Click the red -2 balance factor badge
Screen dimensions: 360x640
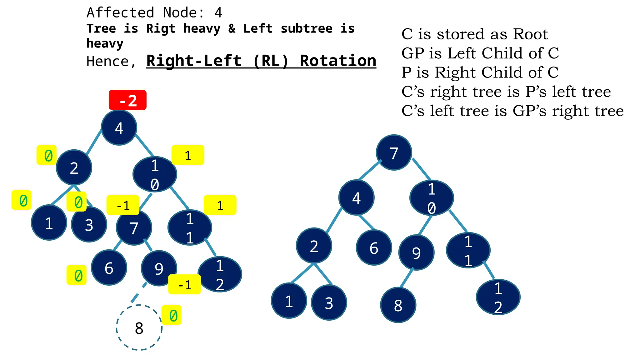pos(127,100)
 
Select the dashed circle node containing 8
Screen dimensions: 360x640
pos(139,327)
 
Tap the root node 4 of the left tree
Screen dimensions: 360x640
pos(119,128)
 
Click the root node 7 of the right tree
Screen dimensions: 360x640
pos(394,152)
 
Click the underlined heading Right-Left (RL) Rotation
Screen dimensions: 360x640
pos(261,61)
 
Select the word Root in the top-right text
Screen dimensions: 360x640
pos(530,34)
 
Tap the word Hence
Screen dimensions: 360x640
pos(107,62)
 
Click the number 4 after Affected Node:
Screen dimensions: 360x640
pos(218,13)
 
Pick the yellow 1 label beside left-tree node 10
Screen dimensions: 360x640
pos(188,155)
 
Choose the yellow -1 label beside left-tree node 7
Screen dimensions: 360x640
pos(123,205)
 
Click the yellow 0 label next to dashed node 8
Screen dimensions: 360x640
pos(172,315)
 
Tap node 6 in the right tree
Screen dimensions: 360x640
pos(374,248)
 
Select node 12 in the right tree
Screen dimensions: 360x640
pos(498,297)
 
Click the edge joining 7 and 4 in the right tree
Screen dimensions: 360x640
pos(370,170)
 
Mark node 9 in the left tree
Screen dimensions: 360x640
pos(159,268)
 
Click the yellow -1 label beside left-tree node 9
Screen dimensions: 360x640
pos(184,284)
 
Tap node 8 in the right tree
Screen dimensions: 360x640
pos(398,305)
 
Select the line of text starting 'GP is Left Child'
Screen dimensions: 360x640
pos(480,53)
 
